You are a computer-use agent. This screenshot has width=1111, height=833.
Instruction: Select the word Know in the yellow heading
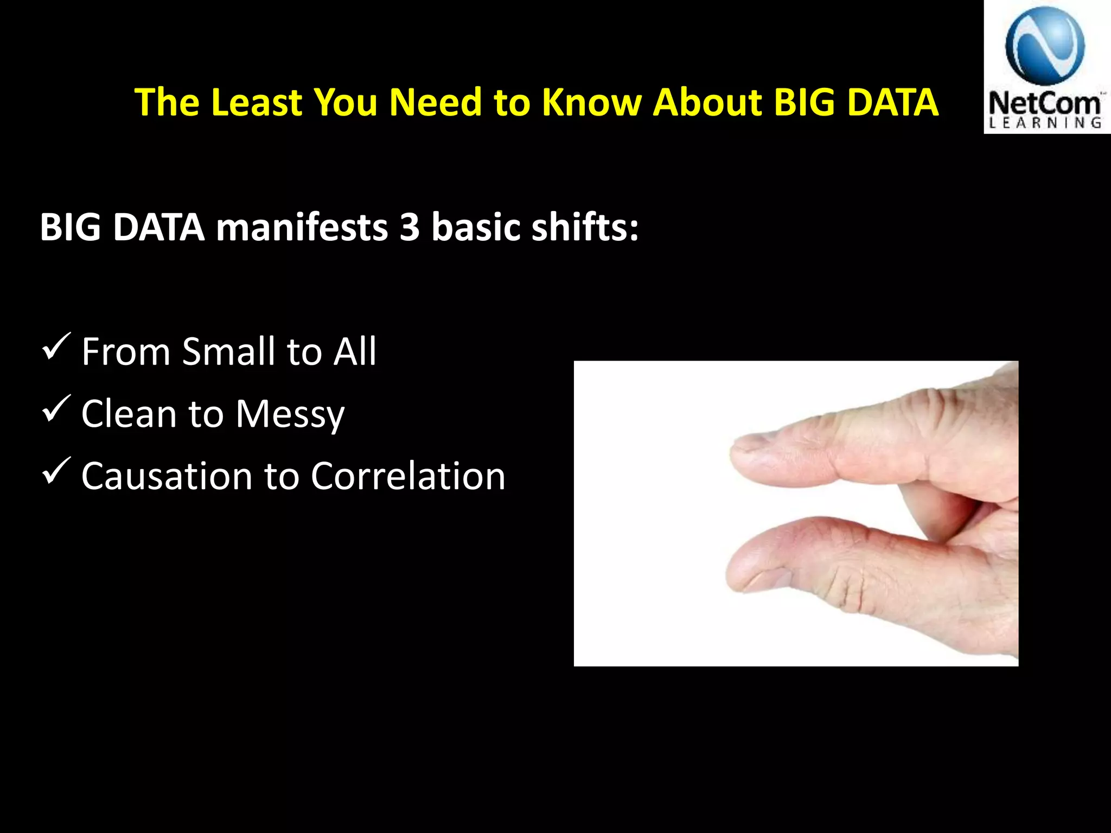(x=592, y=102)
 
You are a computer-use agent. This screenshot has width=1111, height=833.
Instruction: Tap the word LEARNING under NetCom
(x=1045, y=123)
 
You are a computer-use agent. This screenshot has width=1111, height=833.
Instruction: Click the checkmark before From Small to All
(x=55, y=347)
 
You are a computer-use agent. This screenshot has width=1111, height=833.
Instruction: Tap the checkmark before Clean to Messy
(x=55, y=409)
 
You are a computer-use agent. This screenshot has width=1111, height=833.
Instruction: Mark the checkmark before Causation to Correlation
(x=55, y=471)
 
